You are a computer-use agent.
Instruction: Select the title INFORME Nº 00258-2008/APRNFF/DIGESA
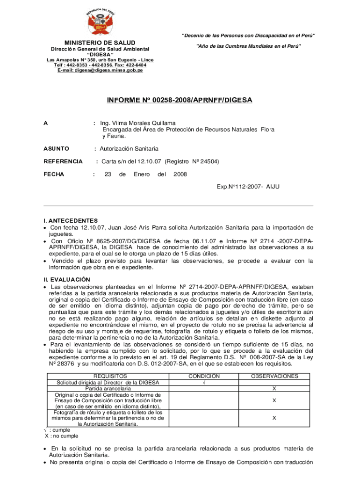(x=180, y=100)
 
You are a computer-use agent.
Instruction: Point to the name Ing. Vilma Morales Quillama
(x=138, y=123)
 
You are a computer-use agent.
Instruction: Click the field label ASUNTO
(x=56, y=149)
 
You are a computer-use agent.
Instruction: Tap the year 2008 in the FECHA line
(x=180, y=174)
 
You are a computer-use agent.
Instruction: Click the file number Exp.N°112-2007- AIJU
(x=248, y=187)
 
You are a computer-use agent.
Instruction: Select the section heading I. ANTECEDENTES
(x=71, y=220)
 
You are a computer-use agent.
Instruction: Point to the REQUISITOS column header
(x=110, y=376)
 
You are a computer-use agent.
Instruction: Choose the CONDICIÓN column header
(x=204, y=376)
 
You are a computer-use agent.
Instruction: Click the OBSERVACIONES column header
(x=274, y=376)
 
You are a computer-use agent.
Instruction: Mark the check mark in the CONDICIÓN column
(x=203, y=382)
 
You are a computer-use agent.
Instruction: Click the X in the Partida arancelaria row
(x=274, y=389)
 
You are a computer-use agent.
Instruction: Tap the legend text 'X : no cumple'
(x=62, y=436)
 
